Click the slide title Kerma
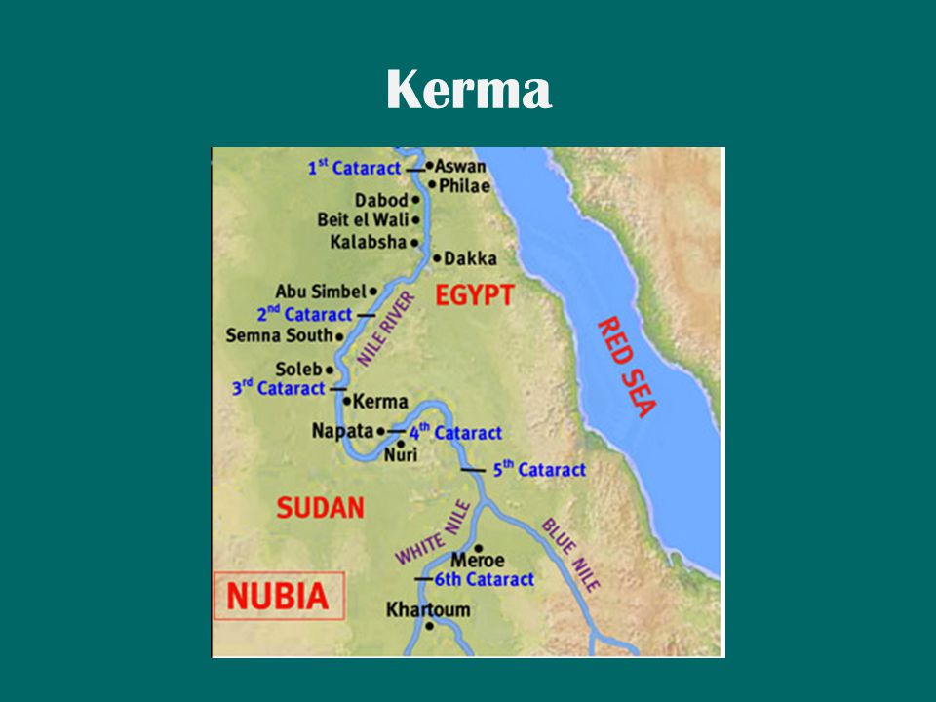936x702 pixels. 468,91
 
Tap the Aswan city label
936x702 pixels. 460,166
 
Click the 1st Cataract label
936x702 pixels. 354,168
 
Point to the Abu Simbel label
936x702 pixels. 320,291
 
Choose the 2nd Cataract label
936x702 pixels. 304,315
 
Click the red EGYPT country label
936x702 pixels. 474,296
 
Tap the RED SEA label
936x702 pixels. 624,367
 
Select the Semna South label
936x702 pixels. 279,335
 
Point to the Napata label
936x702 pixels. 342,430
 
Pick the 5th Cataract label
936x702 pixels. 538,469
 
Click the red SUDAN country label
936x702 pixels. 320,507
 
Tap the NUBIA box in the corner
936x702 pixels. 278,595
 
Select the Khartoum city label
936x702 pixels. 428,610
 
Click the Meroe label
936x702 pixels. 478,561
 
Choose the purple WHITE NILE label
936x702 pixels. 433,533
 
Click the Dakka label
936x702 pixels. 470,258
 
